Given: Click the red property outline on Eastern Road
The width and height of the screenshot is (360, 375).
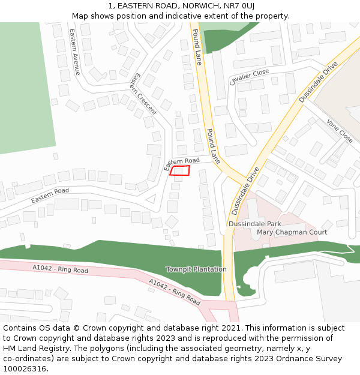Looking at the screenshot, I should point(180,171).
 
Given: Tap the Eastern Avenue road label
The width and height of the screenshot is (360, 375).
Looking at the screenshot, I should point(75,52).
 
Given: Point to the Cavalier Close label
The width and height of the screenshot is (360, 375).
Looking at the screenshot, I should point(249,77).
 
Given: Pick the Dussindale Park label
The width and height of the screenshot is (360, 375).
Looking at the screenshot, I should point(254,224).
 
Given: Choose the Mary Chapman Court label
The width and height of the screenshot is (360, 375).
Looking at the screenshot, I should point(292,232).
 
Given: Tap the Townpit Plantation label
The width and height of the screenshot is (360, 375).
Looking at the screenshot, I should point(196,269).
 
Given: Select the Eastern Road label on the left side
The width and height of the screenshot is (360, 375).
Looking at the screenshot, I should point(50,194).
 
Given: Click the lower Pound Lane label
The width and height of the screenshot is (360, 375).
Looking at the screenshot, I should point(213,146).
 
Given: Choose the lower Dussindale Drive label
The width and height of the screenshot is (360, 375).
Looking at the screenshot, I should point(245,191).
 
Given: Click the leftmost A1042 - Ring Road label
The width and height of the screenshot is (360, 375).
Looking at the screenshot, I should point(60,269).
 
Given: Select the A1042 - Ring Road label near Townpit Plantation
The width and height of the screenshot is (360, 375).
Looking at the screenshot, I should point(174,292).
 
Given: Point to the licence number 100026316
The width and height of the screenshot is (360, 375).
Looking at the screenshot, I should point(25,369).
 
